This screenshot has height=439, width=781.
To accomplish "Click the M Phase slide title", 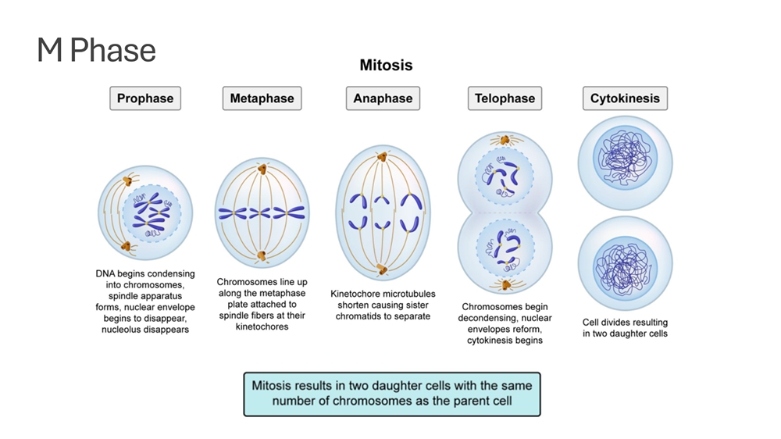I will point(97,51).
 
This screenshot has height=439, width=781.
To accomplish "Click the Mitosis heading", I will point(386,66).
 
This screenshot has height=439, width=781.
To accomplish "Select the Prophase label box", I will point(145,98).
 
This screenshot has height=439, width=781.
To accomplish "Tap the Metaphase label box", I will point(262,98).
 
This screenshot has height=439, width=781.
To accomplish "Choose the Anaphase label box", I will point(383,98).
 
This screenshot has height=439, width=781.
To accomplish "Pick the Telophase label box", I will point(505,98).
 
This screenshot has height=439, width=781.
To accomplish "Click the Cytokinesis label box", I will point(625,98).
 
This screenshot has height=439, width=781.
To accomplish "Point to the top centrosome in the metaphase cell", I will point(262,169).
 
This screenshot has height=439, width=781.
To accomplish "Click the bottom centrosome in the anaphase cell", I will point(382,270).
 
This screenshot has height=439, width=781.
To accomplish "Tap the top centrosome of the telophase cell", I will point(505,141).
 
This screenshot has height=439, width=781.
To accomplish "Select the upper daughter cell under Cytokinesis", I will point(625,162).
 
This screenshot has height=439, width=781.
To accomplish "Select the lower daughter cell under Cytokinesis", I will point(625,264).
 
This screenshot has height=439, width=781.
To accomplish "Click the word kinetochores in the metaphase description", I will point(262,327).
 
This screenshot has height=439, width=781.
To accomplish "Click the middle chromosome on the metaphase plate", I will point(262,212).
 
